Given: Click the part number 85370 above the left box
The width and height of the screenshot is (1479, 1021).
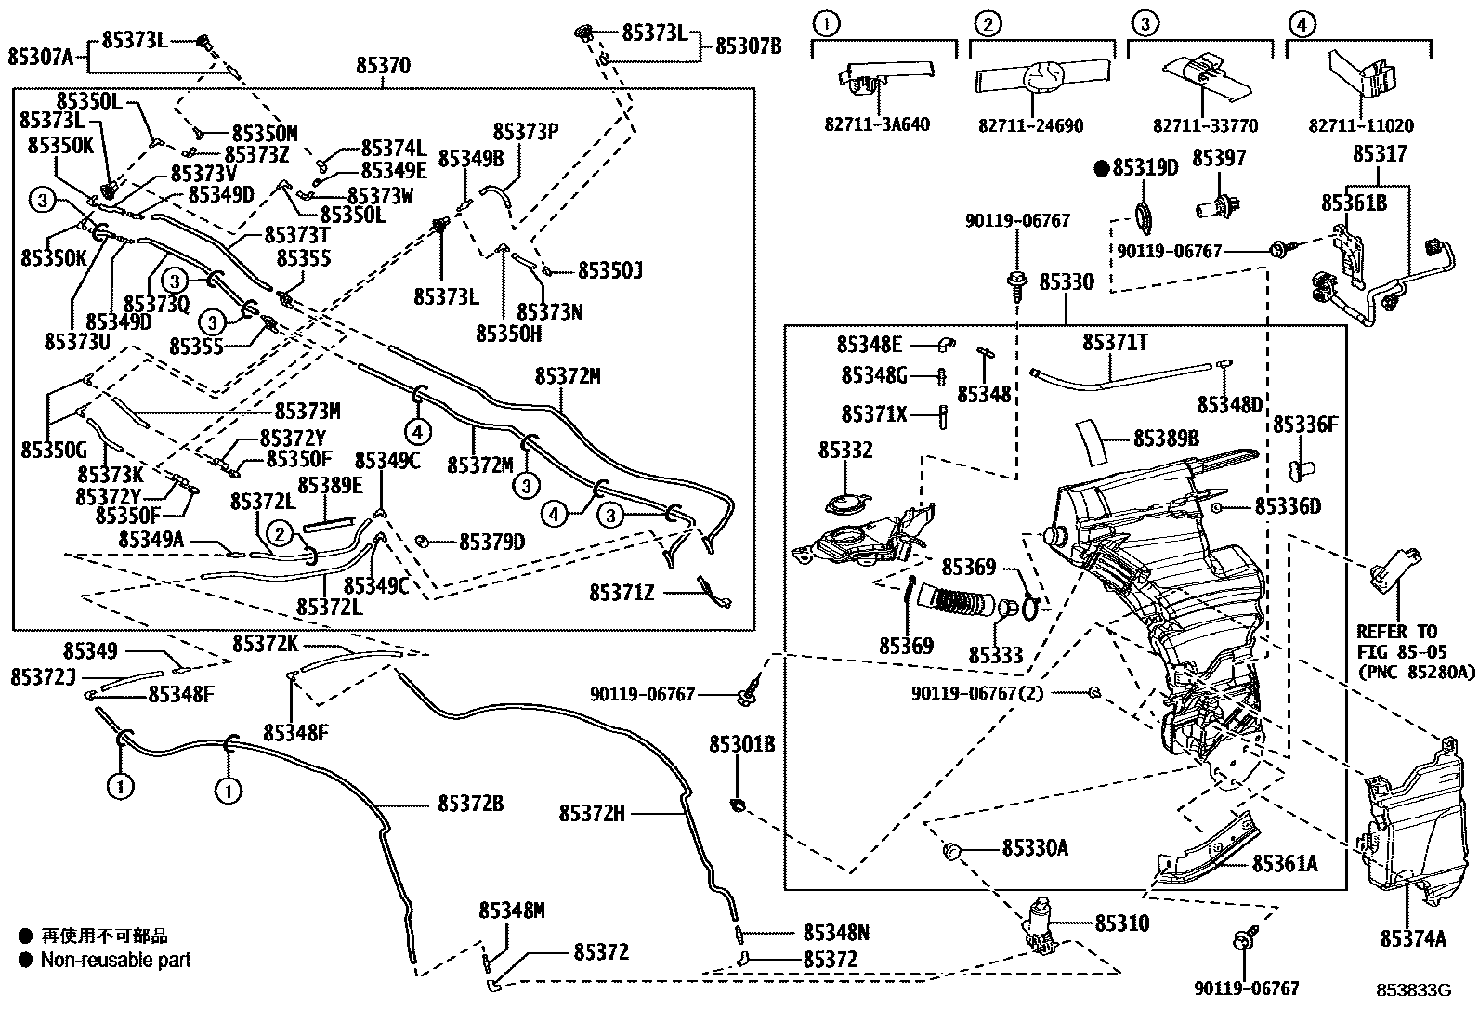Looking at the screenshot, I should (383, 66).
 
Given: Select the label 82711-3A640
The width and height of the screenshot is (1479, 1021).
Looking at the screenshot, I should (877, 124).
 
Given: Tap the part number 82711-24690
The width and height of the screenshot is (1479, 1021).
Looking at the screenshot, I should (1030, 125).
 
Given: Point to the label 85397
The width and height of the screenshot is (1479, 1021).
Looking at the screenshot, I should (1219, 158).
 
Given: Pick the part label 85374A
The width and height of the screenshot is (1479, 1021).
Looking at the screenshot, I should (1413, 938).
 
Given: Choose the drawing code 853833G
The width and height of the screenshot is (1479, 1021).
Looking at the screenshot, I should (1413, 990).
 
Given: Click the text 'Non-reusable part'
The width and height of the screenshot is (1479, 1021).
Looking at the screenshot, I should (115, 960).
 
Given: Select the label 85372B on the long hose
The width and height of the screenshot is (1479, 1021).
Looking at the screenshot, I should (470, 804).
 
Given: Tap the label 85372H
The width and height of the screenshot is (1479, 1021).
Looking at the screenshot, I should (592, 814).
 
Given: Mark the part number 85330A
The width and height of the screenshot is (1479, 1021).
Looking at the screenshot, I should (1035, 847).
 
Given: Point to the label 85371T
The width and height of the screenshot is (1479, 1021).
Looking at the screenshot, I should (1115, 343).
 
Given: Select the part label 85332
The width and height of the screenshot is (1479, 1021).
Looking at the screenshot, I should (845, 451).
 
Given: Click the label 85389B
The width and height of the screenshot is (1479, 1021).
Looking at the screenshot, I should (1165, 438).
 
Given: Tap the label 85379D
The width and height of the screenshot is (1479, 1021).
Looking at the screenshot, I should (491, 541).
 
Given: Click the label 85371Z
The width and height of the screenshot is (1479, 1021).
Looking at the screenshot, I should (622, 592).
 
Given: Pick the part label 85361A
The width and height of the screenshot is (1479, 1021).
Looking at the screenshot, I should (1285, 864).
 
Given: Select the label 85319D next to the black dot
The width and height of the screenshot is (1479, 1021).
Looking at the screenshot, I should (1145, 168).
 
